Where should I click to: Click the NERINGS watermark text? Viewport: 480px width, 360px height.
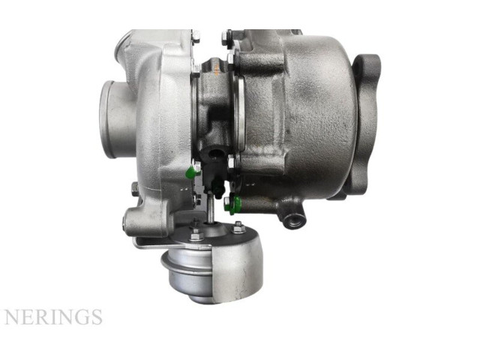(53, 316)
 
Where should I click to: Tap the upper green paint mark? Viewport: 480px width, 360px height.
(190, 172)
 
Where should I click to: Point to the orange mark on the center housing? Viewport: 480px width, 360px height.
(215, 70)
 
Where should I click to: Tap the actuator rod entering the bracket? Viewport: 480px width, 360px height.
(210, 209)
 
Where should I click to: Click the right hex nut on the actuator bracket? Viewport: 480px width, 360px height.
(238, 227)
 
